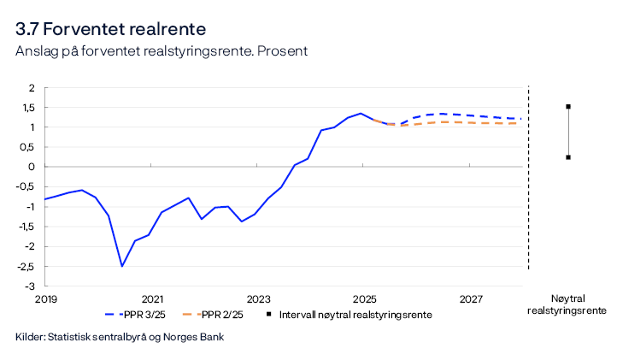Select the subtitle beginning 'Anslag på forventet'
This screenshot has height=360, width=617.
pos(162,50)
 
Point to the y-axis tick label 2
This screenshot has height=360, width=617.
pos(32,87)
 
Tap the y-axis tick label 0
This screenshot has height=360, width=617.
pos(32,167)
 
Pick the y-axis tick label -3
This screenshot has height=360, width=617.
pos(29,286)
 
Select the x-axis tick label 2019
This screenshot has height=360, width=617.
pos(45,299)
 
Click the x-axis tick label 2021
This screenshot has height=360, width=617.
pos(151,299)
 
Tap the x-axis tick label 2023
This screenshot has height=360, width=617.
pos(258,299)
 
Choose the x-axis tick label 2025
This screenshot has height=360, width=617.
pos(365,299)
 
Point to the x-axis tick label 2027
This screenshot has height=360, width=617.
pos(471,299)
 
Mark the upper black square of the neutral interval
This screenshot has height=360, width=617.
pos(567,107)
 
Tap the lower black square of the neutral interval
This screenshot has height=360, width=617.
pos(567,157)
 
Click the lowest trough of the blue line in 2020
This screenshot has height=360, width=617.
pos(122,266)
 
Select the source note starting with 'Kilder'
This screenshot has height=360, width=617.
pos(120,337)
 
